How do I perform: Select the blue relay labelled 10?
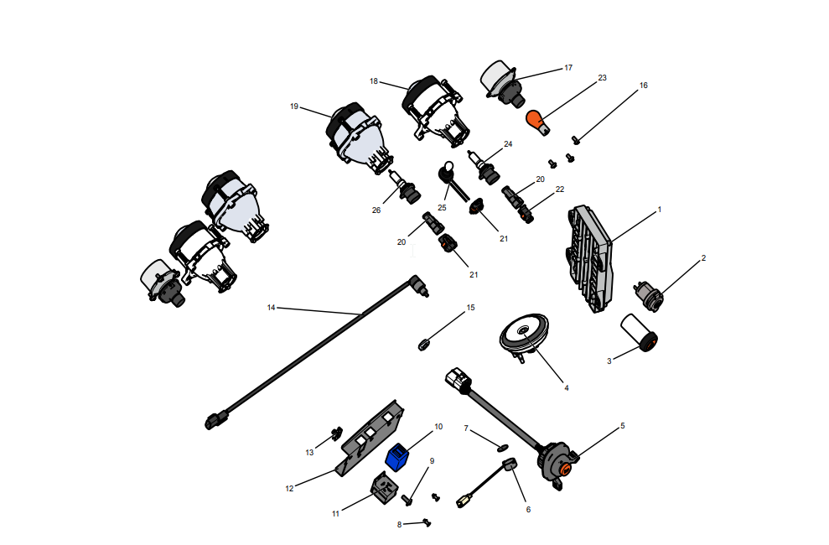tap(397, 457)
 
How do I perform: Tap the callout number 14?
tap(272, 308)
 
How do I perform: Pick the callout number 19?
tap(294, 106)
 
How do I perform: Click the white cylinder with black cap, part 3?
tap(639, 332)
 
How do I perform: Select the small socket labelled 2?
tap(648, 297)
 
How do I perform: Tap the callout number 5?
tap(622, 426)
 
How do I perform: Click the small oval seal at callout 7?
tap(502, 449)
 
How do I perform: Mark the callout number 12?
tap(289, 489)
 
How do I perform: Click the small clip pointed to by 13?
tap(335, 433)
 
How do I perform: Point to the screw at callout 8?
tap(427, 523)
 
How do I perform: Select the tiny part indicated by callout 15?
tap(423, 345)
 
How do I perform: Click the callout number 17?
tap(568, 68)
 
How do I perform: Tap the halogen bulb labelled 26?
tap(406, 188)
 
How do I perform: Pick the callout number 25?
tap(442, 208)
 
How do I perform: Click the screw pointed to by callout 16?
tap(577, 140)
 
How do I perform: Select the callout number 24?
tap(508, 143)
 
